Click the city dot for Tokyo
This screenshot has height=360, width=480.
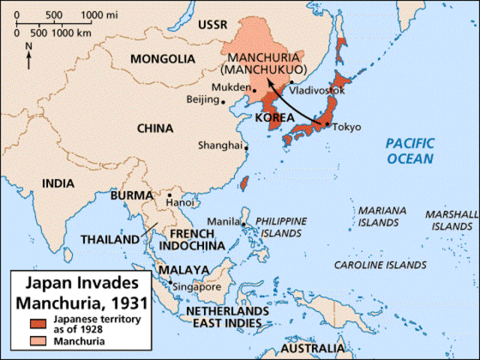326,124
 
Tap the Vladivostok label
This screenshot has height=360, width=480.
318,91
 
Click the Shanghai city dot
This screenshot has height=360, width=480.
246,148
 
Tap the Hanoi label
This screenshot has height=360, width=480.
180,202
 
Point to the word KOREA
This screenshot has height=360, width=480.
274,118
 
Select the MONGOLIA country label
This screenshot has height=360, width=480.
160,58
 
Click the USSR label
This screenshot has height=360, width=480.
211,25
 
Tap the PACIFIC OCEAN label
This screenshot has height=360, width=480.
409,151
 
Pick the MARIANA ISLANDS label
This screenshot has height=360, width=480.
378,217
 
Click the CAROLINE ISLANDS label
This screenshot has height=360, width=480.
379,265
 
